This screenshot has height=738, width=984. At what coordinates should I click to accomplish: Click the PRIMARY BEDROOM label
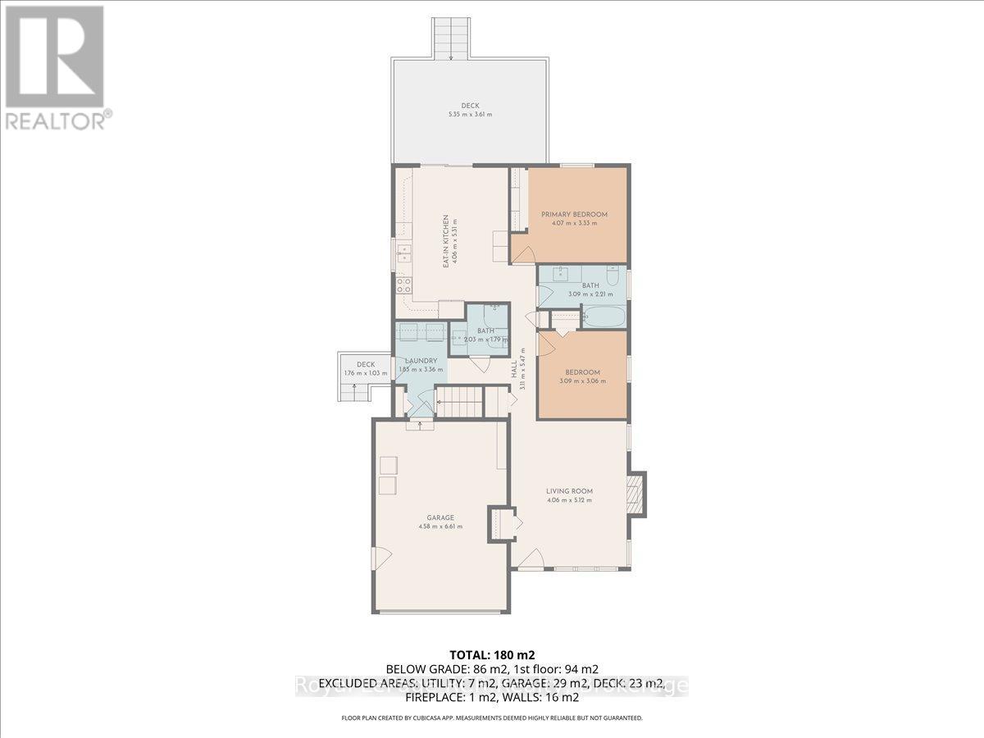pyautogui.click(x=569, y=215)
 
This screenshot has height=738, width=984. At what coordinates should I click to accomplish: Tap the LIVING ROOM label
pyautogui.click(x=569, y=492)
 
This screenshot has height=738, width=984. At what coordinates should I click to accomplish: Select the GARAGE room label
pyautogui.click(x=440, y=517)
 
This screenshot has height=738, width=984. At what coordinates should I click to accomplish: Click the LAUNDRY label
pyautogui.click(x=420, y=361)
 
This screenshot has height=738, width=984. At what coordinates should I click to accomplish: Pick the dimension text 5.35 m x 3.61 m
pyautogui.click(x=469, y=114)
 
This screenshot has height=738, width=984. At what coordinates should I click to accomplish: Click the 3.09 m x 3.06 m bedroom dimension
pyautogui.click(x=582, y=380)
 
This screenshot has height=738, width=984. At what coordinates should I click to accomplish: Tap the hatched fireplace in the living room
pyautogui.click(x=635, y=492)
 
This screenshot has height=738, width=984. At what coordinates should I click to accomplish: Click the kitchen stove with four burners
pyautogui.click(x=403, y=285)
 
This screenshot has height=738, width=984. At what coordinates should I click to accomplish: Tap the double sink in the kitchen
pyautogui.click(x=403, y=253)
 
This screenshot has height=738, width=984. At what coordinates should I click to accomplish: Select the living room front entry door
pyautogui.click(x=530, y=560)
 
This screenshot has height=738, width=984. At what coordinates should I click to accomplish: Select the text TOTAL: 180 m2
pyautogui.click(x=491, y=654)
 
